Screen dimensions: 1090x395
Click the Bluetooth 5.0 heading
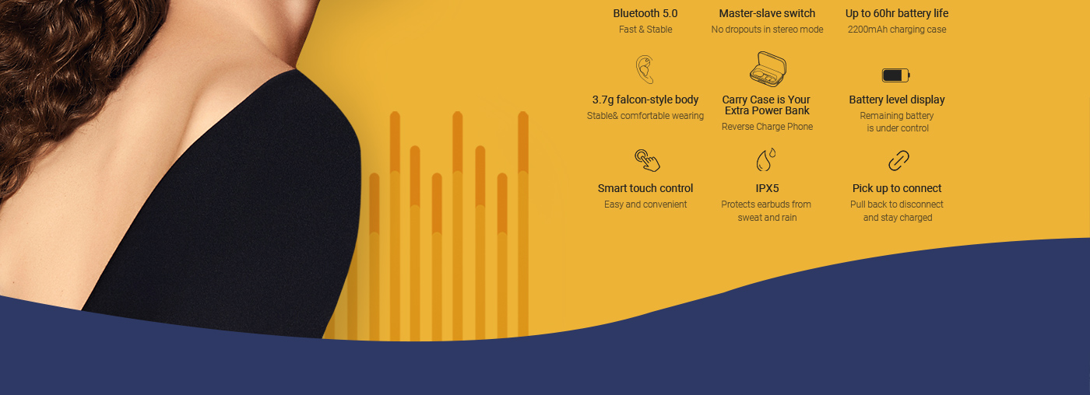coord(645,13)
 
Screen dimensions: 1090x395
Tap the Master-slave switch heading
coord(767,13)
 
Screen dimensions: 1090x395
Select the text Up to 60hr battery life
coord(897,13)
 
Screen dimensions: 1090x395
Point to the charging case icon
coord(768,69)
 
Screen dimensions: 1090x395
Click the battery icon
coord(896,75)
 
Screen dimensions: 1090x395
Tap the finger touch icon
coord(647,160)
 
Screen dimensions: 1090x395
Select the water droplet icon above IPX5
coord(765,160)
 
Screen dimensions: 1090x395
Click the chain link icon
coord(898,161)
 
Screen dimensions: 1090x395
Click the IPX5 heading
coord(767,188)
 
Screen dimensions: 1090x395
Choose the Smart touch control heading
coord(645,188)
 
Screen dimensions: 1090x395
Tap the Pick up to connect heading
coord(897,188)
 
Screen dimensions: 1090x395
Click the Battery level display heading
coord(897,100)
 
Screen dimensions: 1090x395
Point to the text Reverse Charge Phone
coord(767,127)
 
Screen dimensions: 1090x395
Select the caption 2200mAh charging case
coord(897,30)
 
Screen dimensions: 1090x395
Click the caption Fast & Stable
coord(645,30)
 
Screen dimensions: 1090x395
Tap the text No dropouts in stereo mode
coord(767,30)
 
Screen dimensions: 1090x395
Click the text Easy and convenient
coord(645,204)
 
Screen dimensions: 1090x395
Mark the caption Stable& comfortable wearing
coord(645,116)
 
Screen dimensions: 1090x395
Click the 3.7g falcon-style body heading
coord(645,100)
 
